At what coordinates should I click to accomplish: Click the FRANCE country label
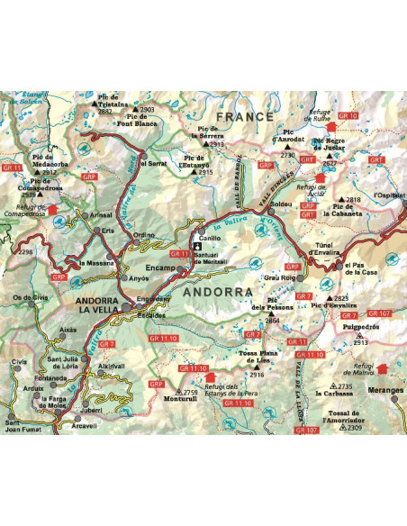[244, 117]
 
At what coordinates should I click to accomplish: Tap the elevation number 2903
[149, 110]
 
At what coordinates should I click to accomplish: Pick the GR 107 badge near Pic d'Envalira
[380, 313]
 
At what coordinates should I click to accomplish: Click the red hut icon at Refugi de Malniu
[381, 368]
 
